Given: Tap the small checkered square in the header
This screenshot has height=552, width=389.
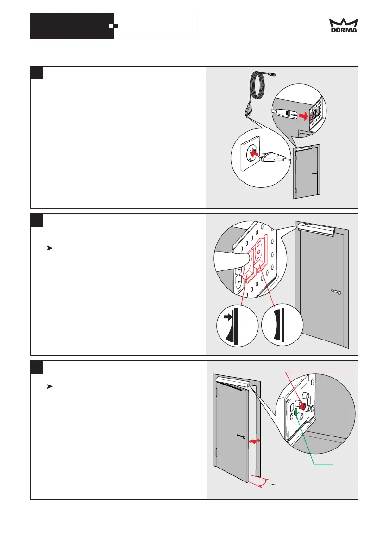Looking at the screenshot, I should tap(111, 26).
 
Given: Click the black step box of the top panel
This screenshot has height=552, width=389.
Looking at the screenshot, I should tap(37, 73).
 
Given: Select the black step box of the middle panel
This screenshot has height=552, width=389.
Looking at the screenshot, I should tap(37, 220).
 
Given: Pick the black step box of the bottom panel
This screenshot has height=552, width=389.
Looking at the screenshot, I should tap(37, 366).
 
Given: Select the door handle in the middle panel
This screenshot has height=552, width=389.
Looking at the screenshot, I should tap(337, 292).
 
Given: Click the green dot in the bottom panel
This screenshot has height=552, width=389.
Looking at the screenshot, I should tap(296, 412).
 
